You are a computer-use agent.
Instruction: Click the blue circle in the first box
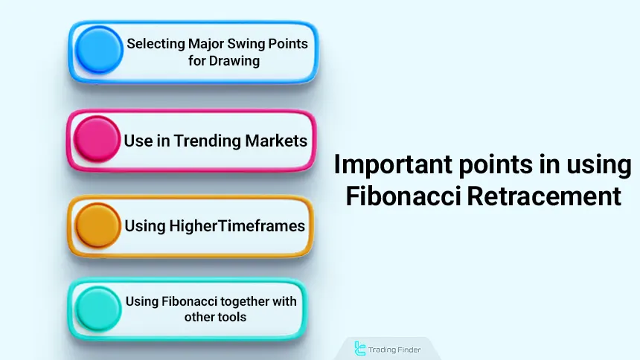[x=98, y=51]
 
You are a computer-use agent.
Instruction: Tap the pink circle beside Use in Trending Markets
[x=98, y=140]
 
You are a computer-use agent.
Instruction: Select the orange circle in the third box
[x=98, y=225]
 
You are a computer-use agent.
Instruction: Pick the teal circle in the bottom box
[x=98, y=309]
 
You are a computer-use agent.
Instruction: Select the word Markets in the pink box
[x=277, y=140]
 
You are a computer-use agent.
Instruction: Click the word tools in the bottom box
[x=232, y=317]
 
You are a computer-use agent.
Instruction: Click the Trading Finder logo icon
[x=361, y=348]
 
